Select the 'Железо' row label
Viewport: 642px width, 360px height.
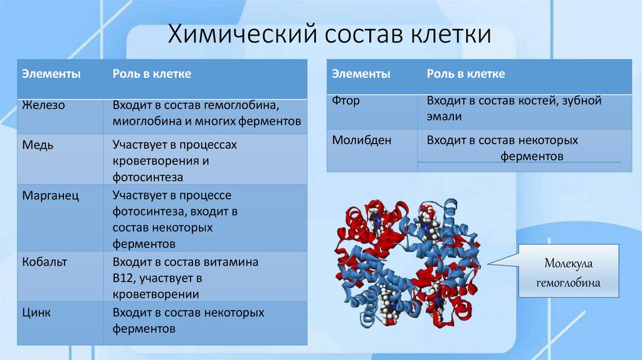click(44, 105)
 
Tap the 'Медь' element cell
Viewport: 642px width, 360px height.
click(38, 145)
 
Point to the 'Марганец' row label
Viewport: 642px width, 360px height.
click(51, 196)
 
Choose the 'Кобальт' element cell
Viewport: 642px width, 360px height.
click(45, 262)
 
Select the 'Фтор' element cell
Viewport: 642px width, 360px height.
click(346, 100)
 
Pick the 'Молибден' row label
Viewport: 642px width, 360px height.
click(362, 140)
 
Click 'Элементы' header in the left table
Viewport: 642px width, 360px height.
click(51, 74)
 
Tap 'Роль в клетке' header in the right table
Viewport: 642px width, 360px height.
click(466, 74)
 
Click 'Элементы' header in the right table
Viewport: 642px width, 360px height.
click(361, 74)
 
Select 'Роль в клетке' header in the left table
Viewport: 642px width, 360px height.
click(152, 74)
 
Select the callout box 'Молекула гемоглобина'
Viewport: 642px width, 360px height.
click(567, 272)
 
